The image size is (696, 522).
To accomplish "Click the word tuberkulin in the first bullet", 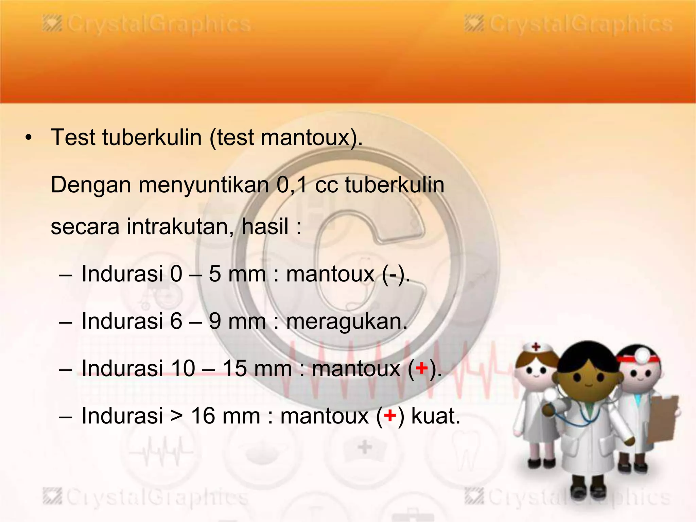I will (x=152, y=138).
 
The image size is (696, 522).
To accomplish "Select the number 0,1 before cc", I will (x=292, y=185).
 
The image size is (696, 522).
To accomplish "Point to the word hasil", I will (x=265, y=227).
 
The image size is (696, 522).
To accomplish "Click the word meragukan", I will (x=346, y=321).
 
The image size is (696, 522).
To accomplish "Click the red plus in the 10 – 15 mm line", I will (x=422, y=368).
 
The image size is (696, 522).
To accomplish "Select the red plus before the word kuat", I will (x=390, y=416).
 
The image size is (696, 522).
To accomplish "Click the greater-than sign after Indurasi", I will (x=177, y=416).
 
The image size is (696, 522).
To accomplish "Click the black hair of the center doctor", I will (x=588, y=357).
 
